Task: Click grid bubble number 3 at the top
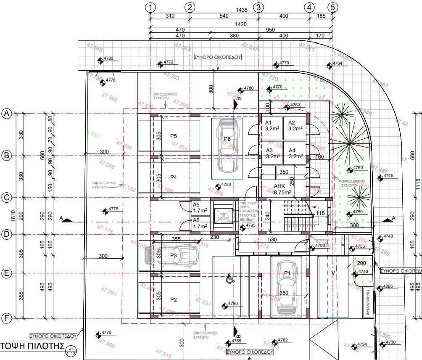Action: point(259,7)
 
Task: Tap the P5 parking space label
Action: point(173,136)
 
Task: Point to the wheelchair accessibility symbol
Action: point(230,278)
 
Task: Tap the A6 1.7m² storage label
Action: point(200,223)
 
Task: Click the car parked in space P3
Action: point(171,255)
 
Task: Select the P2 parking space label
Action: point(173,299)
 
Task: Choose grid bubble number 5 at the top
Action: point(333,7)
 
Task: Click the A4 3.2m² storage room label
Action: point(295,153)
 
